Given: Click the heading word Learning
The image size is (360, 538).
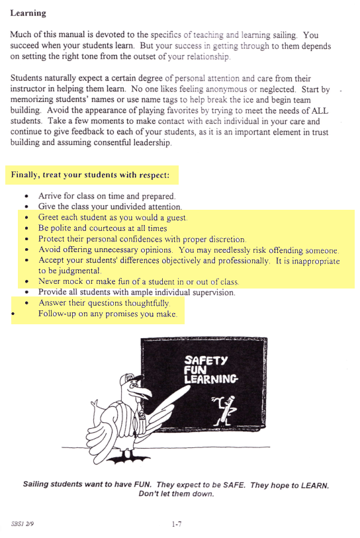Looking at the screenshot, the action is point(28,13).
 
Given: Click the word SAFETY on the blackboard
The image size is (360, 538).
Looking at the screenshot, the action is point(205,360).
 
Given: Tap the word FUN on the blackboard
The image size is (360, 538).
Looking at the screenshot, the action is point(193,370).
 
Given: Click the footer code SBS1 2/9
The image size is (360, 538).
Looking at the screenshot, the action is point(22,523).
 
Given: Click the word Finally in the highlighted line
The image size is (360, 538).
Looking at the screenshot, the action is point(25,176).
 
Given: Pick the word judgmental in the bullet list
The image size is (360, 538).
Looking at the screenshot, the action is point(79,271).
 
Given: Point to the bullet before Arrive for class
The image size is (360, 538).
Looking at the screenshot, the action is point(26,197).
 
